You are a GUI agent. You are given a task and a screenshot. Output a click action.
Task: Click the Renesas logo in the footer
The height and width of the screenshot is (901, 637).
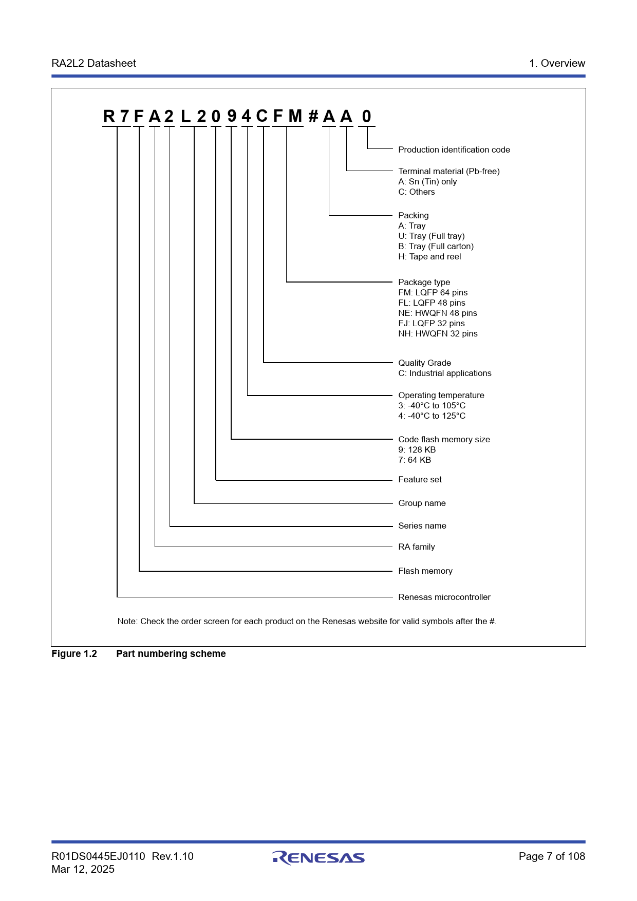[x=318, y=857]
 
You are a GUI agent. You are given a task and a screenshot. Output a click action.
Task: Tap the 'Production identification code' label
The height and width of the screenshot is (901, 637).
[x=454, y=150]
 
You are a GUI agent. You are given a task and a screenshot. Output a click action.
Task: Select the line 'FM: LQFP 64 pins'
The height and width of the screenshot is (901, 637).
[x=433, y=293]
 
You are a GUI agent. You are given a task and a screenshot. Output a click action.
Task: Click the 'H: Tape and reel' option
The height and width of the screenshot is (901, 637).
[x=429, y=257]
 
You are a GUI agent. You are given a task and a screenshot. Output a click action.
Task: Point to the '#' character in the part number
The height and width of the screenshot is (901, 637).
[x=313, y=117]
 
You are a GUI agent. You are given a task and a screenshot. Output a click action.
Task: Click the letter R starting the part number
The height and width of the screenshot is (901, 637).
[x=109, y=117]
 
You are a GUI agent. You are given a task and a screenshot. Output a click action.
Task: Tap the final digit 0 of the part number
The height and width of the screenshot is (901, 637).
[x=366, y=117]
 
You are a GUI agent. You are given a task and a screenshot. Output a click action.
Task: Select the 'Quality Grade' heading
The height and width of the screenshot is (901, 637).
[x=424, y=363]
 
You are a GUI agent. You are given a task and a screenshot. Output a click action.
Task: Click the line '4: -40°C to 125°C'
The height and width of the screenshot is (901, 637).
[x=432, y=416]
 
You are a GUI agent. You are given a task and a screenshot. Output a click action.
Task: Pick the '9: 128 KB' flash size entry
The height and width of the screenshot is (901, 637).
[x=417, y=450]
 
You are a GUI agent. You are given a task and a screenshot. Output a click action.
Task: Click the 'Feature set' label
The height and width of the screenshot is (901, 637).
[x=420, y=480]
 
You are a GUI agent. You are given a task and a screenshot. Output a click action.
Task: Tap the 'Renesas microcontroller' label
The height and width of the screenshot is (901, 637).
[x=444, y=597]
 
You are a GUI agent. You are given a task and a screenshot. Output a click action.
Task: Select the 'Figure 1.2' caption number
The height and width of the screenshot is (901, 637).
[x=74, y=654]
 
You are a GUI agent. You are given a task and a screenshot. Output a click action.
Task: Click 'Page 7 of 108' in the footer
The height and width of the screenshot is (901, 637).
[x=552, y=856]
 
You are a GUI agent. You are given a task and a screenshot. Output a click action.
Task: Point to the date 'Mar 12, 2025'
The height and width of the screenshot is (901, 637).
[x=83, y=869]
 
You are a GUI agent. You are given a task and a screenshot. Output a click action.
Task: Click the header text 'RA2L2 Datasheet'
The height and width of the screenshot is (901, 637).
[x=93, y=63]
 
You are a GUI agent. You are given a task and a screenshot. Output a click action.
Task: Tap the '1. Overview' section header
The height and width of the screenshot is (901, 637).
[x=557, y=63]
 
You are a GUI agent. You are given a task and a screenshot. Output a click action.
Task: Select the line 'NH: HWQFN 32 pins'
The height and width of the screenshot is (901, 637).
[x=438, y=334]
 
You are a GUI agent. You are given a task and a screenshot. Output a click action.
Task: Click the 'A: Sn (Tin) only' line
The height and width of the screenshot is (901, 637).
[x=427, y=182]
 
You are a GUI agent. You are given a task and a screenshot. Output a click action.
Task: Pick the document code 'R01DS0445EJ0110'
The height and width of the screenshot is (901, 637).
[x=98, y=856]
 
